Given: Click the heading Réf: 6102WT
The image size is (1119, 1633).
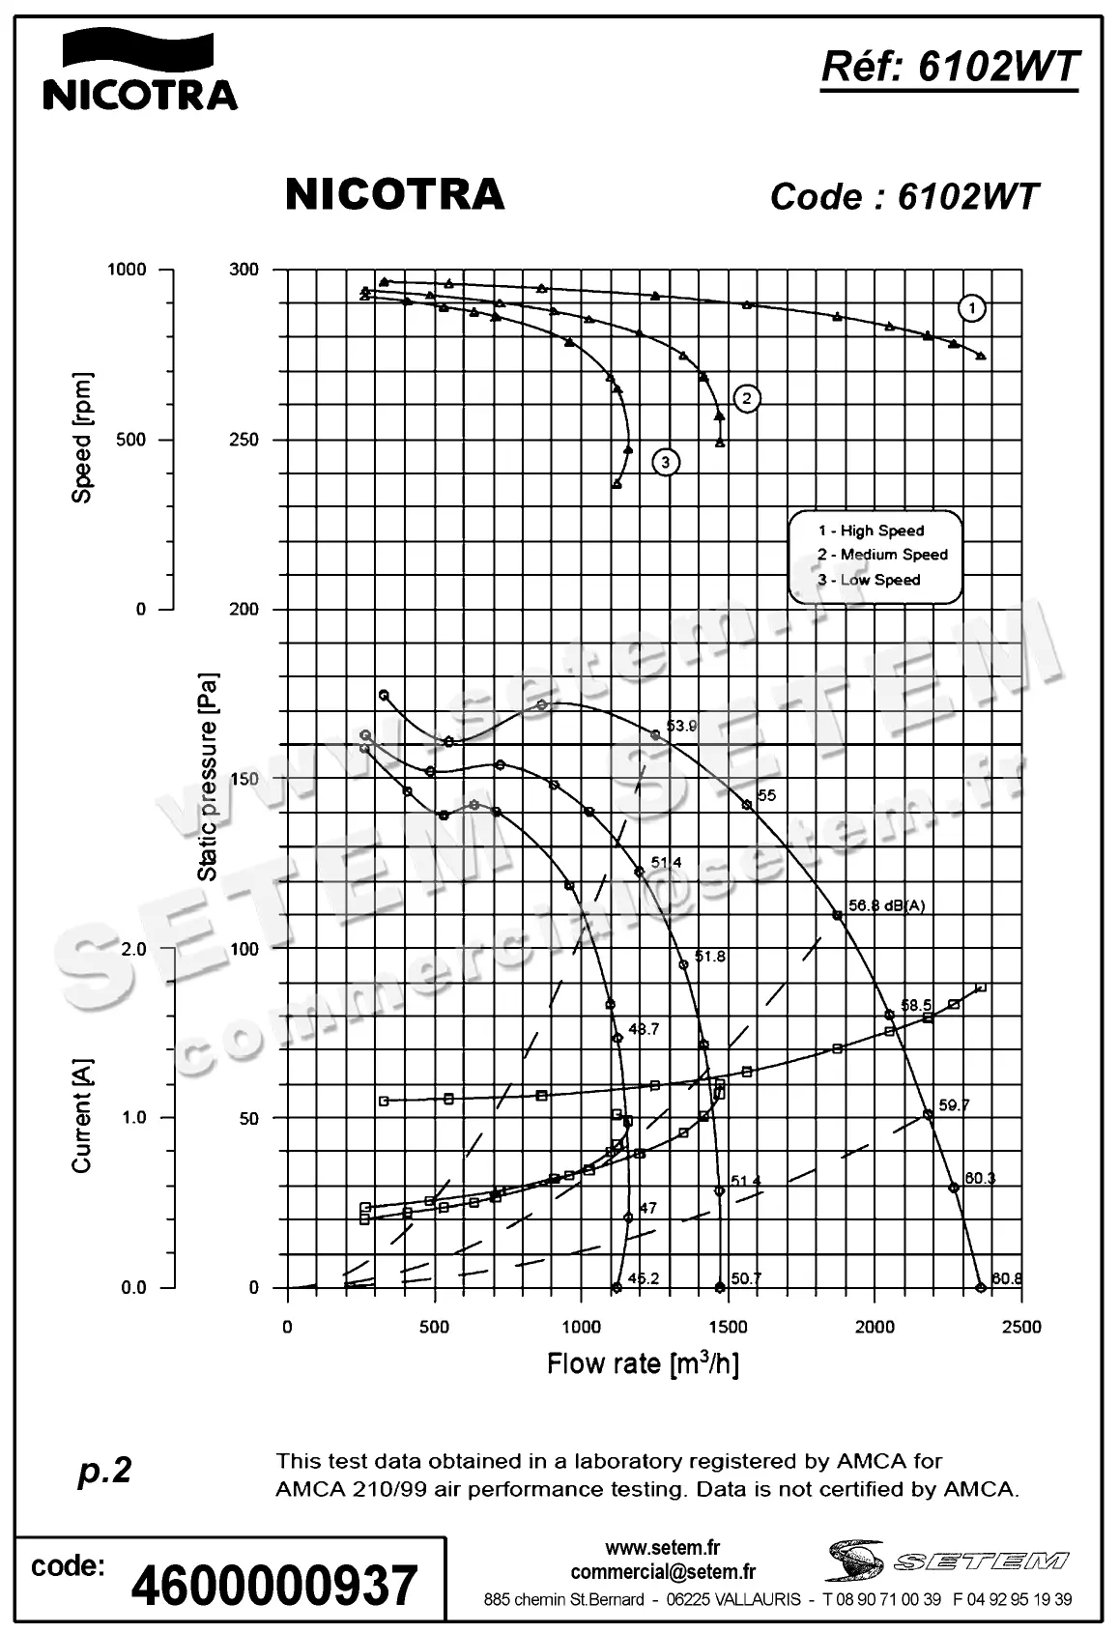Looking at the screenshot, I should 949,68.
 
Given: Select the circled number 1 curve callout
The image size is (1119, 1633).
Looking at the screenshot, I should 972,308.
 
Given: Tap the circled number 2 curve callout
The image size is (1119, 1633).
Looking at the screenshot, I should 746,397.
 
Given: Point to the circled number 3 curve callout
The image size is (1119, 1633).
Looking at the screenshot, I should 666,463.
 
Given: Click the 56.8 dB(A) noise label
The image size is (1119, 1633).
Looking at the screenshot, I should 886,905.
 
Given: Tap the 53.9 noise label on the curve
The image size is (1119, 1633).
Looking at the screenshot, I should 681,726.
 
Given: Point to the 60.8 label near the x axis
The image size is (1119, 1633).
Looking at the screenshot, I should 1006,1279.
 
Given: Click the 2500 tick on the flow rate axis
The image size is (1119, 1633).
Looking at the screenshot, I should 1021,1327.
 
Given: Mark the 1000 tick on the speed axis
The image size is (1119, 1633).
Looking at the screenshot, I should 126,270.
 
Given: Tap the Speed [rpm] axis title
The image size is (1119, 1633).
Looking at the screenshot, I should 83,437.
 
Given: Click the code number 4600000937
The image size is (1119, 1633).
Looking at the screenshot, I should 273,1585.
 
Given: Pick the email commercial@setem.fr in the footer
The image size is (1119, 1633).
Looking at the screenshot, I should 663,1572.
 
